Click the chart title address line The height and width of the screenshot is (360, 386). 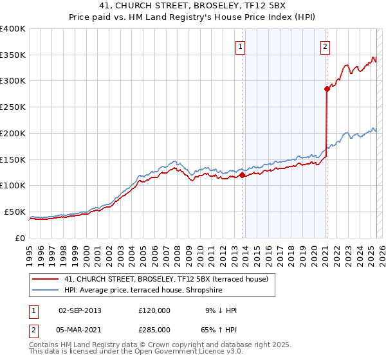193,6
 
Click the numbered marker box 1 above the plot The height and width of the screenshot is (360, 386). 240,46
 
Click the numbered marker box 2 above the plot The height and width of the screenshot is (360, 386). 326,46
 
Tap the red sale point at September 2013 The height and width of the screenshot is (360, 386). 242,175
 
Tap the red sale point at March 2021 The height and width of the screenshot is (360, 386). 327,89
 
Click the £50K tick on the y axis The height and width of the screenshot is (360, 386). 14,212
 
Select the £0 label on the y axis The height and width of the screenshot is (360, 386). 20,238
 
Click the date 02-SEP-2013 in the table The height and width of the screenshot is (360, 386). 80,310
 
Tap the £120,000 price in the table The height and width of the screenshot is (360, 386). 154,310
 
